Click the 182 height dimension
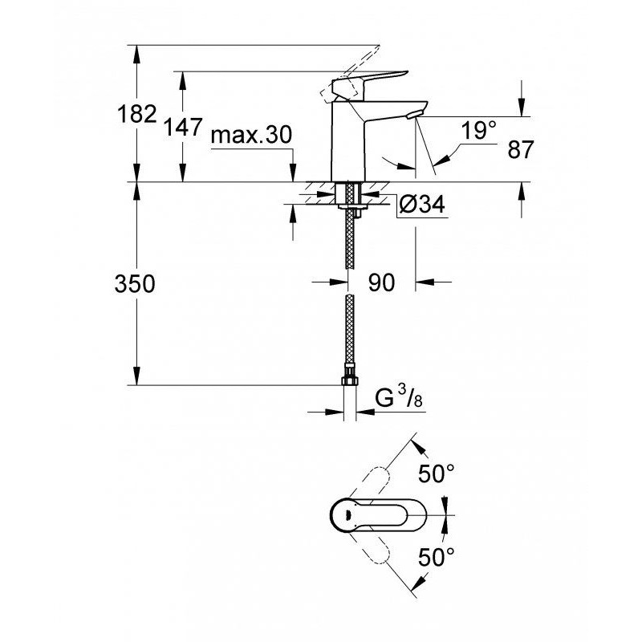click(x=136, y=114)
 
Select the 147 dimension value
click(x=183, y=127)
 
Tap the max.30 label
click(x=251, y=135)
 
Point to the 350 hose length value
click(x=135, y=284)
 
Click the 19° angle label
click(x=478, y=130)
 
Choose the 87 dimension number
click(x=521, y=149)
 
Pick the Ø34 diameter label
click(x=422, y=204)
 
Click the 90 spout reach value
click(x=382, y=282)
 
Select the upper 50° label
click(x=436, y=474)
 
